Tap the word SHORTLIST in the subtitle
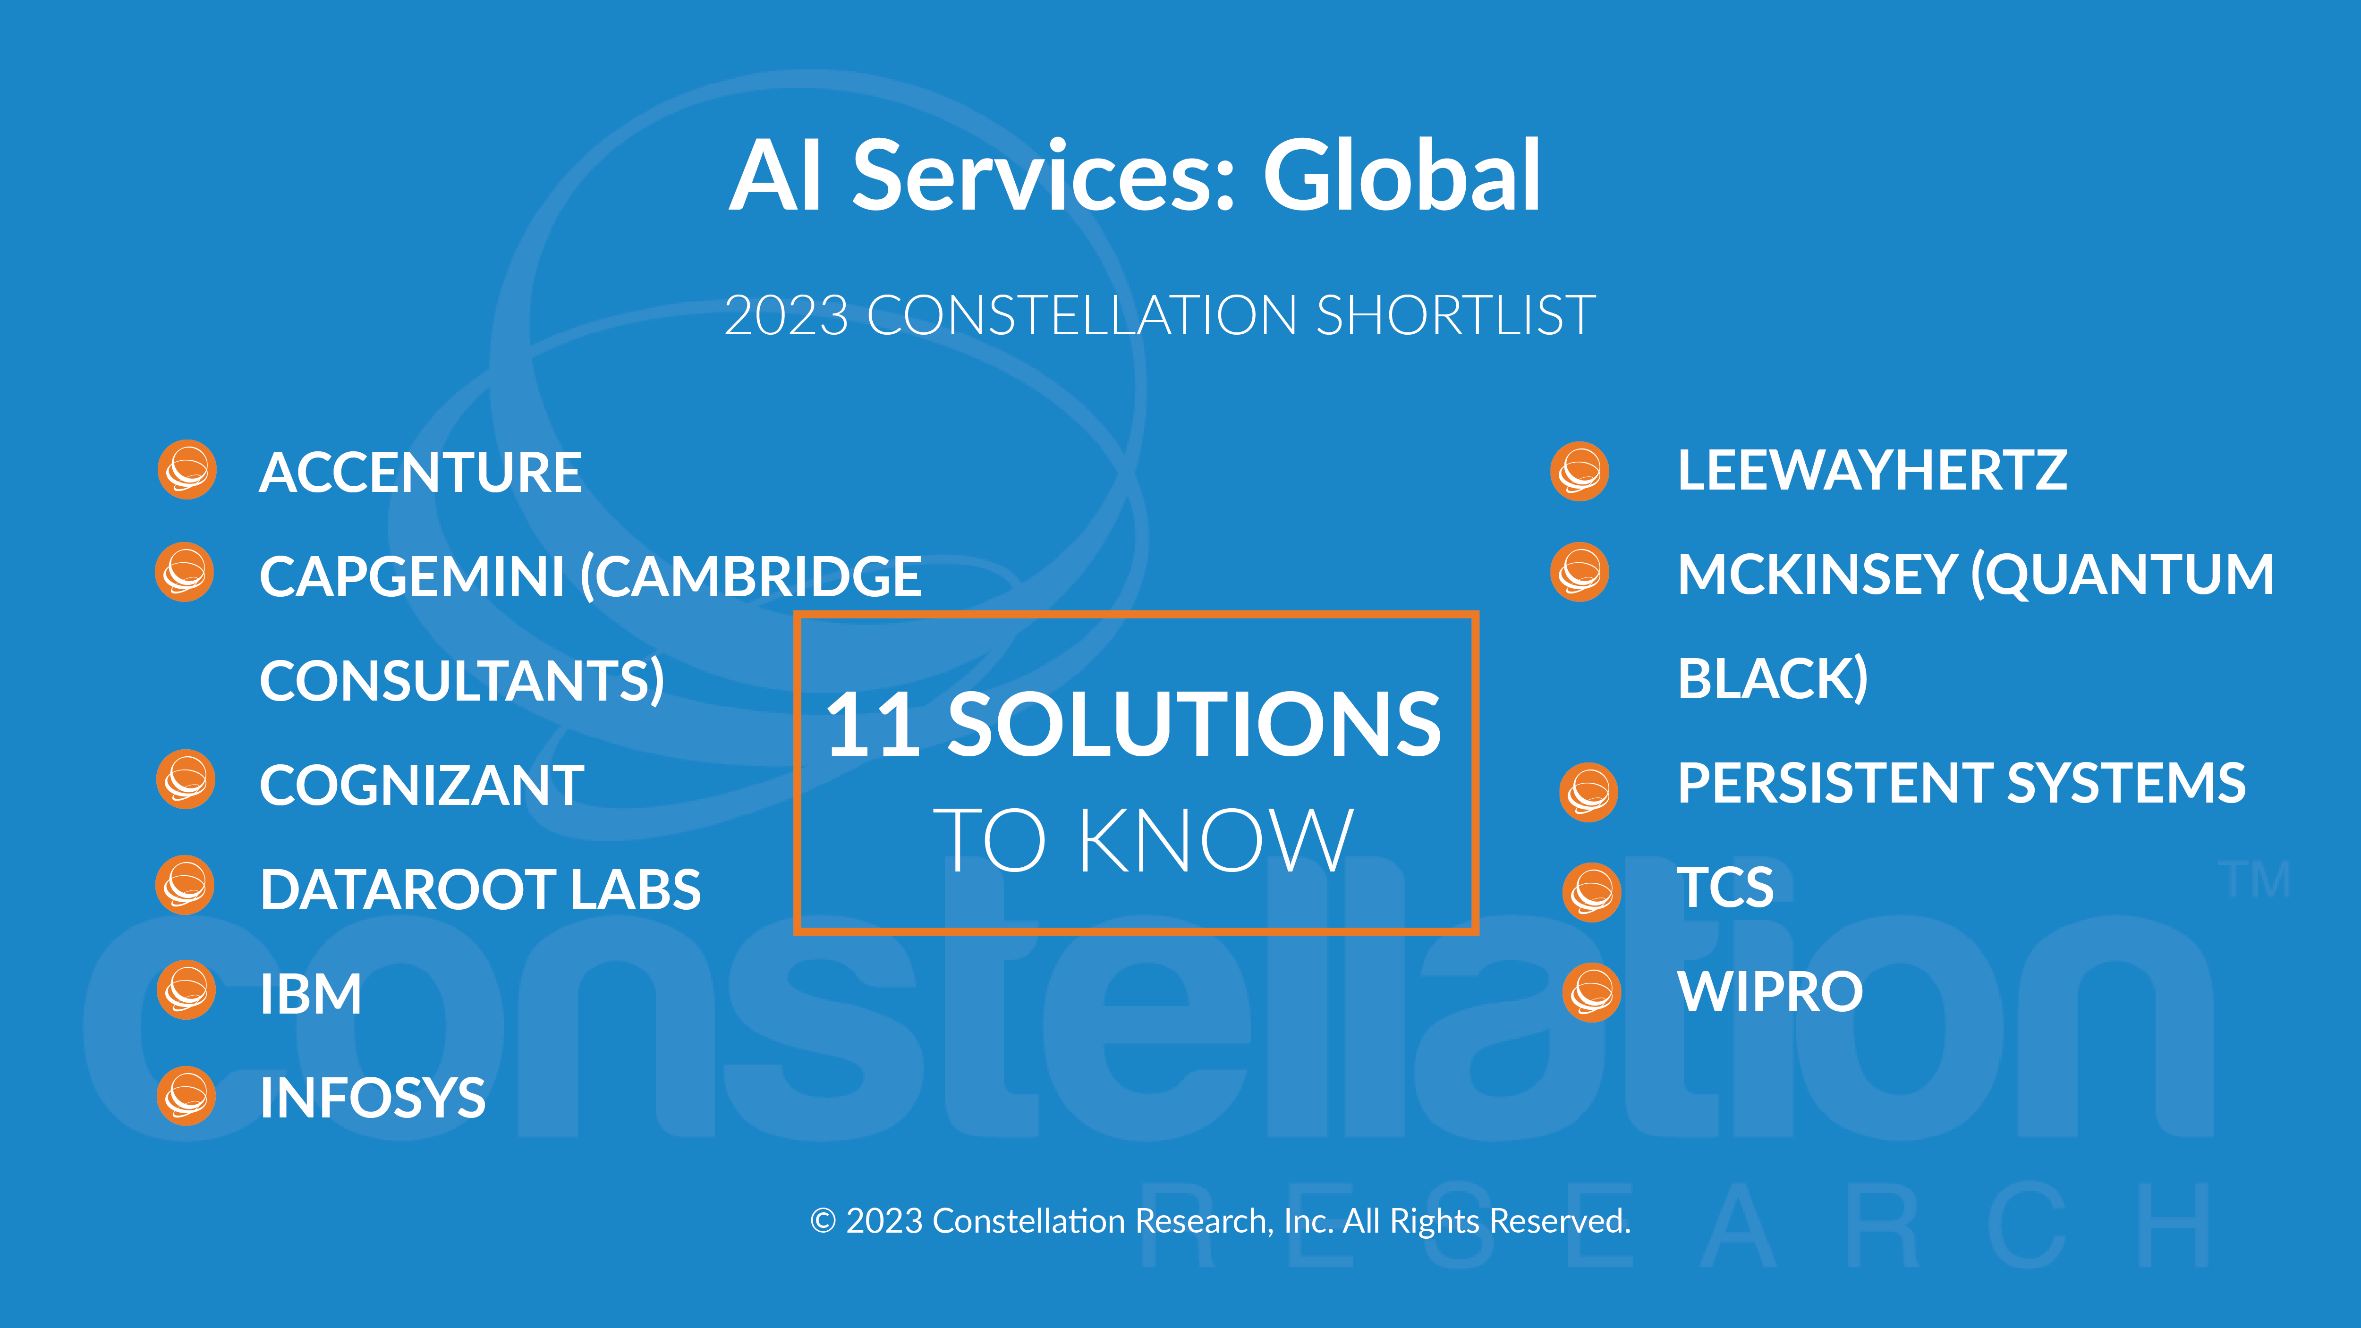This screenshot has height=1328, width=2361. [1455, 315]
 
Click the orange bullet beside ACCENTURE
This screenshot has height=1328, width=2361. [187, 470]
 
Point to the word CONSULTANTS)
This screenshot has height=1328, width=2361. [462, 681]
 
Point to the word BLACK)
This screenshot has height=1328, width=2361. [1773, 679]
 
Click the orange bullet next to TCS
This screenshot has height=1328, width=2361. [1592, 892]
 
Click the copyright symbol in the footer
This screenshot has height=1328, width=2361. [823, 1221]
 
